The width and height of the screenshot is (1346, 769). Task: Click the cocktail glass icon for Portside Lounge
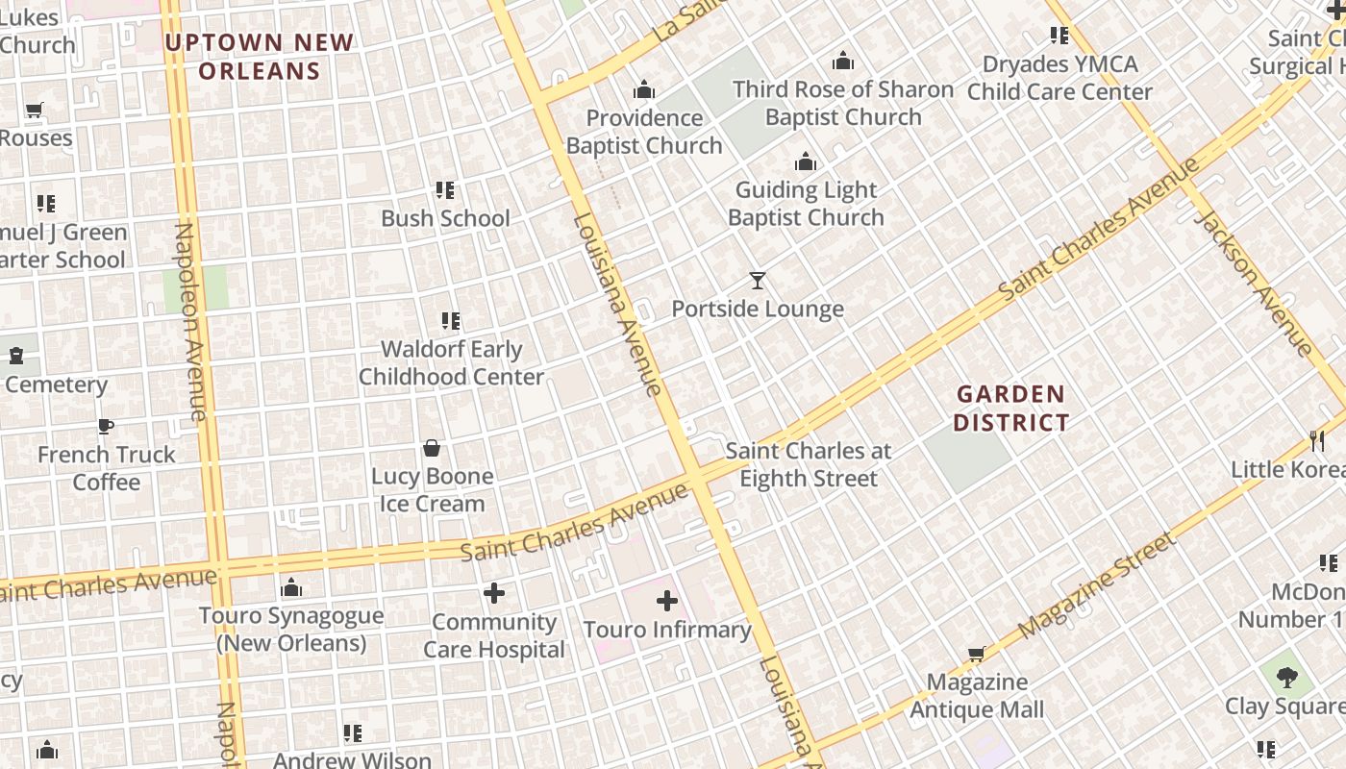[758, 281]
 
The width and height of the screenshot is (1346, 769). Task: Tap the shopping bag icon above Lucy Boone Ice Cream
[432, 448]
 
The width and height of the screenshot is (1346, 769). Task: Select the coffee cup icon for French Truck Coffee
[106, 427]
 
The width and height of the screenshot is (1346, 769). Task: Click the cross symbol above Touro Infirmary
[666, 602]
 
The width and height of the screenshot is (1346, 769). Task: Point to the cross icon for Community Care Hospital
[494, 593]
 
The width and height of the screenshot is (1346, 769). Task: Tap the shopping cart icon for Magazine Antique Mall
[977, 655]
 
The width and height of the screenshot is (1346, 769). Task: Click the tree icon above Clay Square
[1286, 678]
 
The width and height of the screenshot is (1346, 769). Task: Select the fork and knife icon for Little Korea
[1317, 441]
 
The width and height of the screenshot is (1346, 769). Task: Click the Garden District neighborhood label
[1010, 408]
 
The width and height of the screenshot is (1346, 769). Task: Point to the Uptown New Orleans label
[260, 57]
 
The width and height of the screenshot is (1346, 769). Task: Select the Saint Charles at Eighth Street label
[808, 464]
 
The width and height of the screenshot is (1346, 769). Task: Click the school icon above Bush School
[444, 190]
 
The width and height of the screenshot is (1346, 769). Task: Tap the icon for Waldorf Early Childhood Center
[450, 321]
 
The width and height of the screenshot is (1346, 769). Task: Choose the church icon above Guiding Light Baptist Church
[806, 161]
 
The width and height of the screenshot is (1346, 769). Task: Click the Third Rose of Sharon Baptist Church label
[843, 103]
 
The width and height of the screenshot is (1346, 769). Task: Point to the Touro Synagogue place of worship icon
[291, 588]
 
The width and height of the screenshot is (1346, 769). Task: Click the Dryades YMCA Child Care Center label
[1059, 78]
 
